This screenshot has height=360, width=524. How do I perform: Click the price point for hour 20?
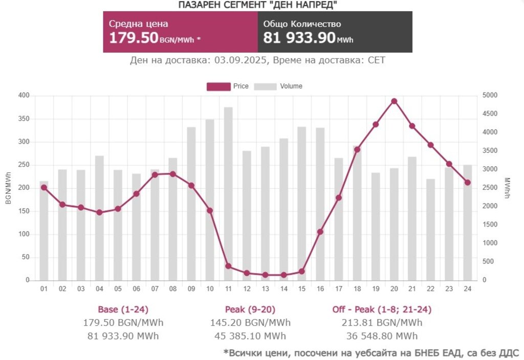pyautogui.click(x=394, y=101)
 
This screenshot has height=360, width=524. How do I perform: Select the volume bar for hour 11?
pyautogui.click(x=228, y=194)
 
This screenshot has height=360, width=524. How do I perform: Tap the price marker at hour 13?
pyautogui.click(x=265, y=275)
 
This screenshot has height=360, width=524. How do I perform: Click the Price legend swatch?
pyautogui.click(x=219, y=86)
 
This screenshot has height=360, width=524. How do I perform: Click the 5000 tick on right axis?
pyautogui.click(x=490, y=96)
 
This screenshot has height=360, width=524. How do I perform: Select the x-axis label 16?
pyautogui.click(x=320, y=289)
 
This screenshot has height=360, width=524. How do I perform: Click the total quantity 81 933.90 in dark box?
pyautogui.click(x=299, y=38)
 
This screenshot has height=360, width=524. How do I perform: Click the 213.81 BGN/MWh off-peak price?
pyautogui.click(x=382, y=323)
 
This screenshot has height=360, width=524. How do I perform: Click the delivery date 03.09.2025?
pyautogui.click(x=241, y=60)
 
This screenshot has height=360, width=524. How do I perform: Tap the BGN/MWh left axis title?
pyautogui.click(x=8, y=188)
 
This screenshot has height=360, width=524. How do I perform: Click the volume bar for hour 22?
pyautogui.click(x=430, y=230)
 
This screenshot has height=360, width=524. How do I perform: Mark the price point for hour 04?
pyautogui.click(x=99, y=212)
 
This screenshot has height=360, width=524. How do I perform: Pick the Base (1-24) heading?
pyautogui.click(x=123, y=309)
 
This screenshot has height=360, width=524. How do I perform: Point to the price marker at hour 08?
pyautogui.click(x=173, y=174)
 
